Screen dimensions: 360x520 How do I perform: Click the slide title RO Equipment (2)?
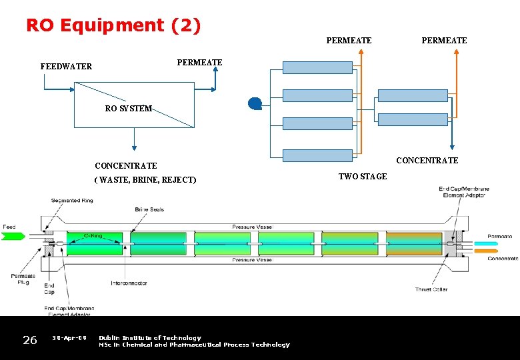(113, 25)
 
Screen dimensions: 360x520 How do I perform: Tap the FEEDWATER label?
(66, 67)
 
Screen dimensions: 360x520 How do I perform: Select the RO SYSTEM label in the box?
(129, 109)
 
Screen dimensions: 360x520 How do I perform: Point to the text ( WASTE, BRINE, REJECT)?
(145, 180)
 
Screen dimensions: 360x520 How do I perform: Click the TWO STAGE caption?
(363, 177)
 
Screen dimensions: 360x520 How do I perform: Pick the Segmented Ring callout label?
(73, 201)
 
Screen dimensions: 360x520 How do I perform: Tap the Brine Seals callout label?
(149, 210)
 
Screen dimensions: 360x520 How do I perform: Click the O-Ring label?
(93, 235)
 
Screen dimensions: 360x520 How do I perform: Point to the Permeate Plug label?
(23, 279)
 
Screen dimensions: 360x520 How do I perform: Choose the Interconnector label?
(129, 283)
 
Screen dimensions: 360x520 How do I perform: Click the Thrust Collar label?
(431, 289)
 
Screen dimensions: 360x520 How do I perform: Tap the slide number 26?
(30, 341)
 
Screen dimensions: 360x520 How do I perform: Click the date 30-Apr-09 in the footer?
(69, 338)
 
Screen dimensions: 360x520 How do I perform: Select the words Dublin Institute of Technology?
(150, 338)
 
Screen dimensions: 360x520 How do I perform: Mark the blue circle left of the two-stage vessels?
(254, 103)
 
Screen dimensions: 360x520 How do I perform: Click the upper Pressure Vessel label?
(252, 227)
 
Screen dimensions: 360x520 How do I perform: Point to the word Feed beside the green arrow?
(9, 227)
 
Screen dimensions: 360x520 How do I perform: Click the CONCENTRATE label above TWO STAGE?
(427, 161)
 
